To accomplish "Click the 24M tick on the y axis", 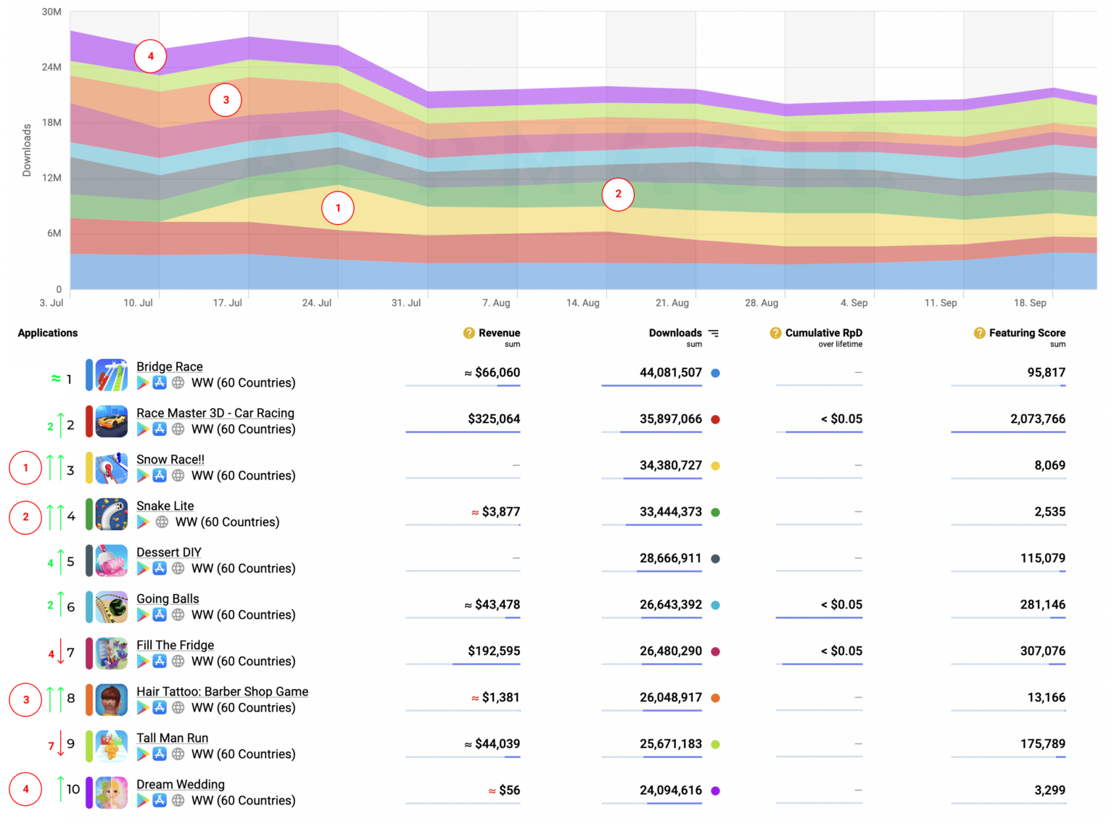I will pyautogui.click(x=51, y=67).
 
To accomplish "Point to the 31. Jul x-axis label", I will pyautogui.click(x=405, y=303).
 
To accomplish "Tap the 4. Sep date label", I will pyautogui.click(x=854, y=303).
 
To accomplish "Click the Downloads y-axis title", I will pyautogui.click(x=27, y=150).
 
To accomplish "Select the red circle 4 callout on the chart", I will pyautogui.click(x=150, y=56).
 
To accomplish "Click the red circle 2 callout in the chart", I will pyautogui.click(x=618, y=194).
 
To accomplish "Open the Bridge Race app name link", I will pyautogui.click(x=170, y=367).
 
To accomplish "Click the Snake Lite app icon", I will pyautogui.click(x=112, y=514).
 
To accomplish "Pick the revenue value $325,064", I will pyautogui.click(x=494, y=419).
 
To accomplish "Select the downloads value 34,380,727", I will pyautogui.click(x=670, y=466).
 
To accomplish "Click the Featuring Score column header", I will pyautogui.click(x=1026, y=333).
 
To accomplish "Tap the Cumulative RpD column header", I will pyautogui.click(x=823, y=333).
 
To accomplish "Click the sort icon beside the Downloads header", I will pyautogui.click(x=714, y=334).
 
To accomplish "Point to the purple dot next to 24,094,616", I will pyautogui.click(x=715, y=791).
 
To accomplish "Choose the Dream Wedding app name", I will pyautogui.click(x=181, y=785).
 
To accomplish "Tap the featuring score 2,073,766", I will pyautogui.click(x=1037, y=419).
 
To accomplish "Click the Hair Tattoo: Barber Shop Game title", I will pyautogui.click(x=222, y=692).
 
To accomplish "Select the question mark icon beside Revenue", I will pyautogui.click(x=469, y=333).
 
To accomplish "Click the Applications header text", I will pyautogui.click(x=48, y=333).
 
